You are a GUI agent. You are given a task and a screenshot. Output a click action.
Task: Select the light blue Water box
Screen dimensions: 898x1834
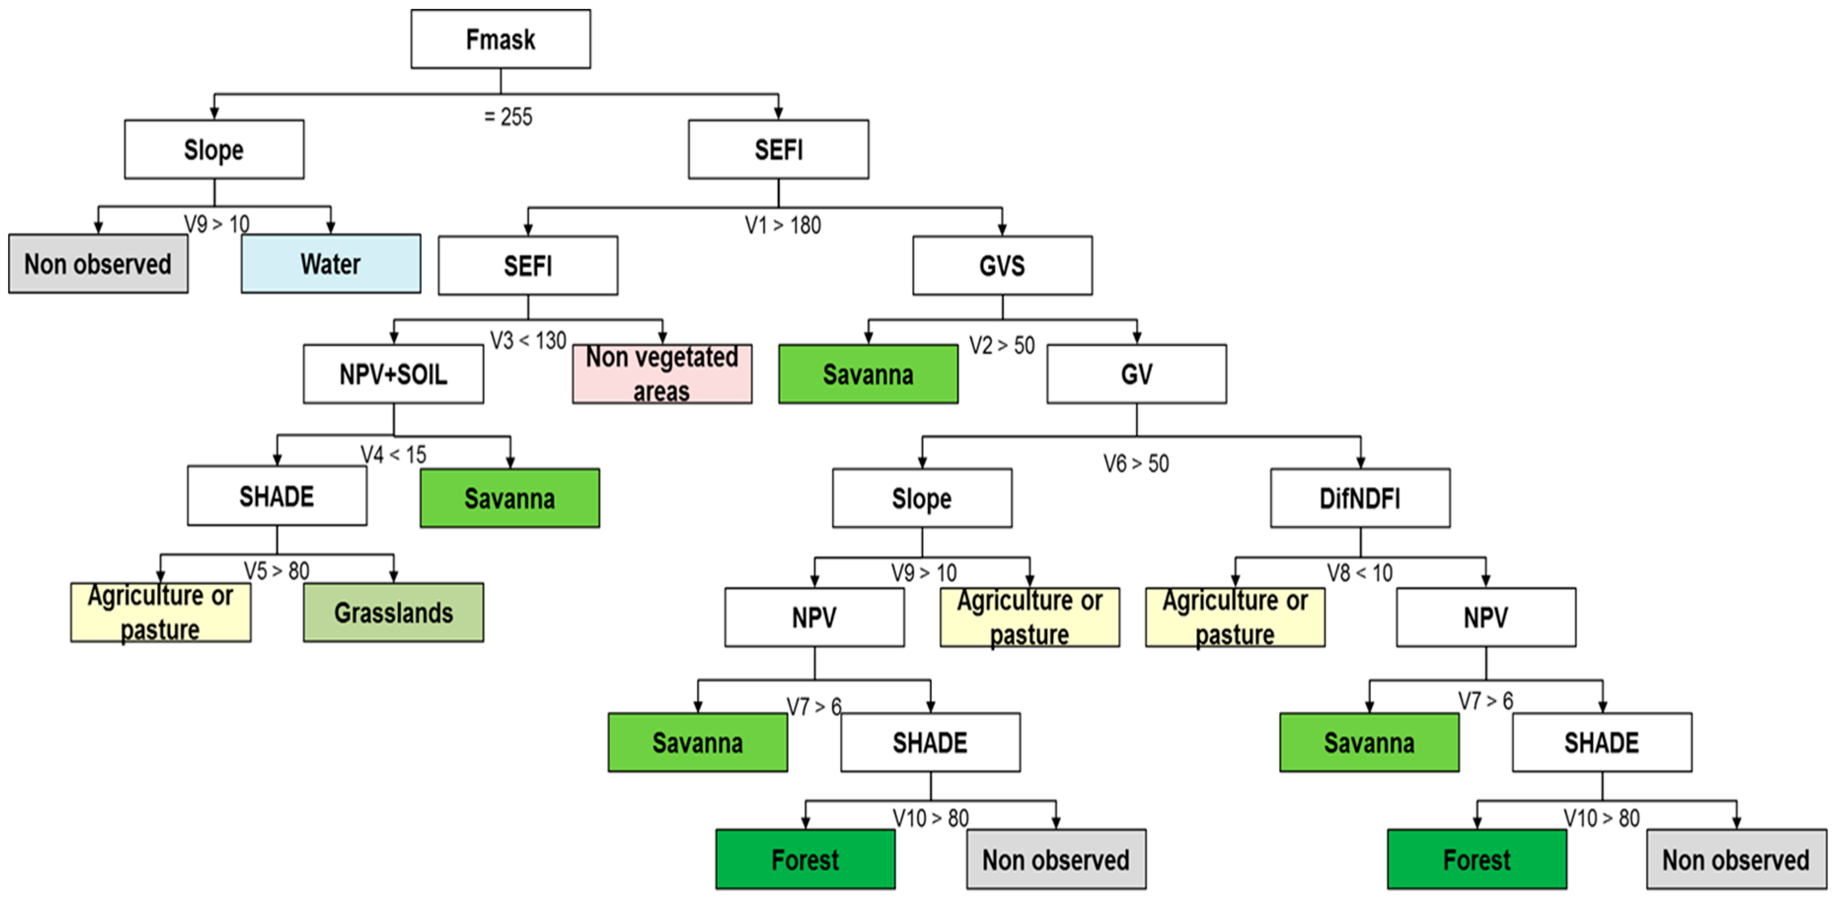(x=330, y=263)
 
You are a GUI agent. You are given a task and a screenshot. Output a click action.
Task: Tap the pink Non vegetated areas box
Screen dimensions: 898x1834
(x=661, y=374)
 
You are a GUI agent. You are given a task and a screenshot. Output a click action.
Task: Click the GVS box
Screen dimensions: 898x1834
(x=1002, y=265)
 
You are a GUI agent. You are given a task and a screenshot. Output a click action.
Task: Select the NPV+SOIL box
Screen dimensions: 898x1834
(x=393, y=374)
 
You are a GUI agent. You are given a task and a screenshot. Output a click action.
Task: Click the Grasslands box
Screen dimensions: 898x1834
(x=393, y=612)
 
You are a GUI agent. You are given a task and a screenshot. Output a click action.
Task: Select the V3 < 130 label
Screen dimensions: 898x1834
(x=528, y=341)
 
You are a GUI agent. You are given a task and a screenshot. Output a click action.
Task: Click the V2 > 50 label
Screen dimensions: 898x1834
(x=1002, y=346)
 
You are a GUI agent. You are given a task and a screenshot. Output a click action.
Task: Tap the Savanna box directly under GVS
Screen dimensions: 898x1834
(x=868, y=374)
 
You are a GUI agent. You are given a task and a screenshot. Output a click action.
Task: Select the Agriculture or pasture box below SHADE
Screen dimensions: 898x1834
(x=160, y=612)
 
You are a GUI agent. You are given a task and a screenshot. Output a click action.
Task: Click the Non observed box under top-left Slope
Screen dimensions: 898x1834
(x=98, y=263)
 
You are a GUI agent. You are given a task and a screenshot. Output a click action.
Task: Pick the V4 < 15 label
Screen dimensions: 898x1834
(x=393, y=455)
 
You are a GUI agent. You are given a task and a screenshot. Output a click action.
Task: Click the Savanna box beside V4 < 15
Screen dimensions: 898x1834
(x=509, y=498)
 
